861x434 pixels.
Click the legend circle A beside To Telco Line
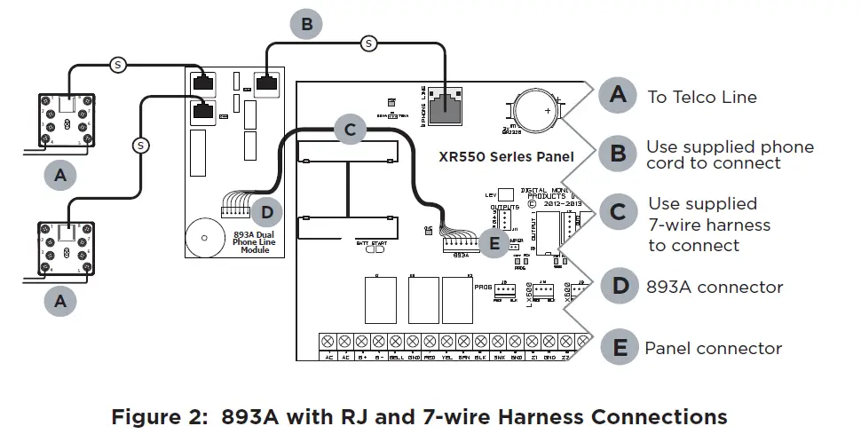point(619,95)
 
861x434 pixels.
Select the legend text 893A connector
point(714,287)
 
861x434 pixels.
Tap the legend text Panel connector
point(714,349)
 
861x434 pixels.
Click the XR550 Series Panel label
point(507,156)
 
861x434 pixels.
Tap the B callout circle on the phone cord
point(306,25)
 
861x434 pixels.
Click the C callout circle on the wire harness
point(350,130)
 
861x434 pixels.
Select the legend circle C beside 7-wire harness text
point(619,211)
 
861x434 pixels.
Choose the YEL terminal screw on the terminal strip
point(444,342)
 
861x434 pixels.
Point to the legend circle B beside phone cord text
point(619,154)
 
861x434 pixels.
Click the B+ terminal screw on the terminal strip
point(359,342)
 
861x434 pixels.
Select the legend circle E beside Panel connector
point(619,348)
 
